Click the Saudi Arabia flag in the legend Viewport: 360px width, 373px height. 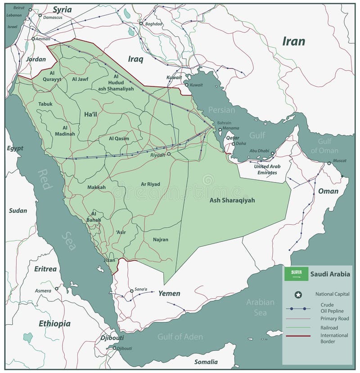296,273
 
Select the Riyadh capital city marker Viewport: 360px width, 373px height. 169,154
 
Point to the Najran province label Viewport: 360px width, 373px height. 160,240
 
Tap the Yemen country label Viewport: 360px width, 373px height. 169,294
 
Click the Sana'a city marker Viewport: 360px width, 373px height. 132,291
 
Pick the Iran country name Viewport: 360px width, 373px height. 293,42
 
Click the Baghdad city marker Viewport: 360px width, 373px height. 141,23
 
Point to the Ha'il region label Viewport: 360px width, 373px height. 90,115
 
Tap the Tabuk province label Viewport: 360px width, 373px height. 45,104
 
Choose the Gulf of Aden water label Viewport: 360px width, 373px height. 180,337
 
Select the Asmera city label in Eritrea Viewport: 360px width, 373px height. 43,291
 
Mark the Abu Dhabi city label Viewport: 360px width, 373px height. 260,151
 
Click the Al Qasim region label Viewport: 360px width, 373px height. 119,139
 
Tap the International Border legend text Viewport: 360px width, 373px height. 334,338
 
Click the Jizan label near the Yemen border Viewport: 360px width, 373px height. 109,260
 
